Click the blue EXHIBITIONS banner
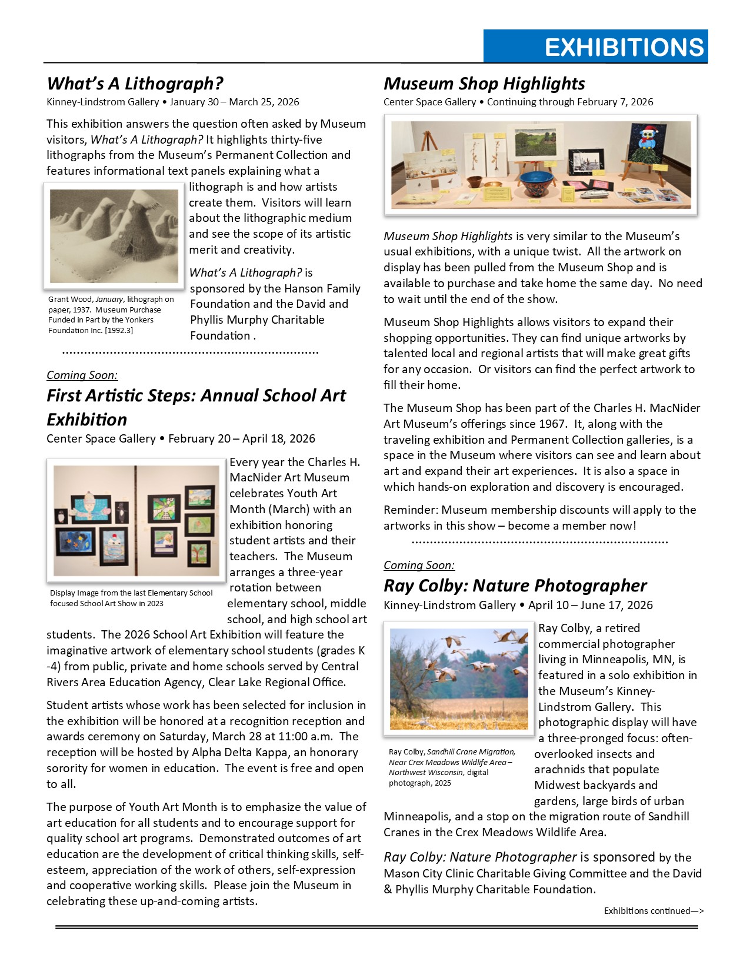coord(595,46)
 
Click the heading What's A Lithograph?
coord(135,84)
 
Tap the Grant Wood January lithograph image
coord(114,235)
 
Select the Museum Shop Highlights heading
coord(484,84)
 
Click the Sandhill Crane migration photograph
coord(459,679)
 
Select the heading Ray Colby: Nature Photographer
coord(515,586)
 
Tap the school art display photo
coord(136,520)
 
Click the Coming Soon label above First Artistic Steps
coord(82,375)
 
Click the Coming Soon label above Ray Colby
coord(419,565)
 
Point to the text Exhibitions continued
coord(653,910)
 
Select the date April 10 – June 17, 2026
coord(590,605)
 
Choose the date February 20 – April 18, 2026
coord(241,438)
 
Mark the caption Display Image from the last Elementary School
coord(131,593)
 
